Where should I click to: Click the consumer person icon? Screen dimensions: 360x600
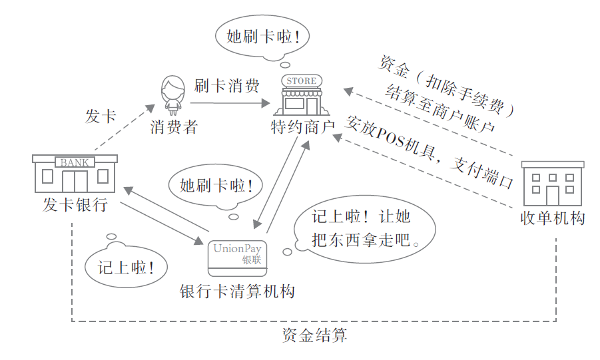[x=172, y=95]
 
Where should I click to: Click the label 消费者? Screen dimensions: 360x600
[x=174, y=127]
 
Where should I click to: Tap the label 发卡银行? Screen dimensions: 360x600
[x=75, y=205]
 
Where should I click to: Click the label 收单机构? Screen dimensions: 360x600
[x=553, y=218]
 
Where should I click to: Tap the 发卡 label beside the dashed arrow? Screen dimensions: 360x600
[x=101, y=116]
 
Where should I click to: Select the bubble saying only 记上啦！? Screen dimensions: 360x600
[x=127, y=268]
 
